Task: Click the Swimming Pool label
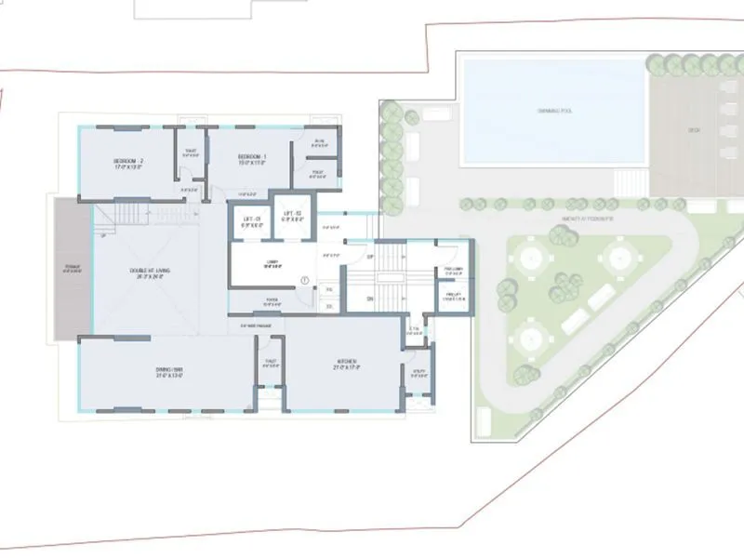(x=552, y=111)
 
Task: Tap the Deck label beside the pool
(x=693, y=130)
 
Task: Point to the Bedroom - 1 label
(x=251, y=157)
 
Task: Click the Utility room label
(x=420, y=374)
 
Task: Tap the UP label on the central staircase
(x=370, y=257)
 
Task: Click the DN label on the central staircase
(x=369, y=299)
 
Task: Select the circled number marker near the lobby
(x=305, y=281)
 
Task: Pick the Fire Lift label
(x=452, y=298)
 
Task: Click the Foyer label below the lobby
(x=272, y=299)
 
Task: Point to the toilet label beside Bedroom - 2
(x=191, y=153)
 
